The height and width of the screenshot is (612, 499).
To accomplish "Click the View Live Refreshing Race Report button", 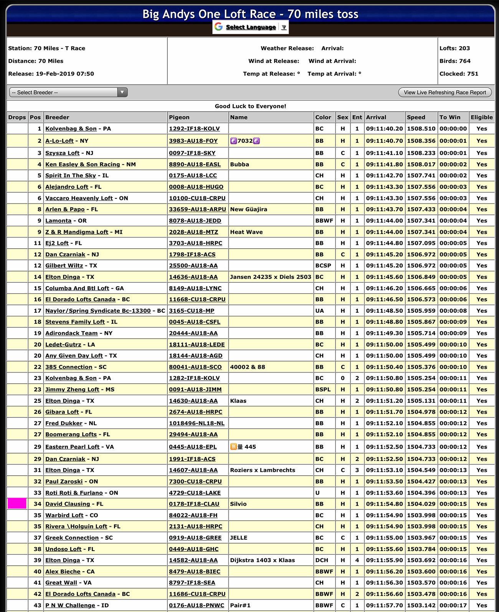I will click(444, 92).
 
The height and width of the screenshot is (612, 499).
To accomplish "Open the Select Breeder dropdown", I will click(68, 92).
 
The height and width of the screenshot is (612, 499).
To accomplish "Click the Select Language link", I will click(251, 27).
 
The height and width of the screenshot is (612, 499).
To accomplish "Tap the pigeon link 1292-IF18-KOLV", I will click(194, 129).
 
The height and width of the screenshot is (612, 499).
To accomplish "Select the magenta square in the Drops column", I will click(17, 503).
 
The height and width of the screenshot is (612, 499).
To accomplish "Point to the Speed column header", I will click(416, 117).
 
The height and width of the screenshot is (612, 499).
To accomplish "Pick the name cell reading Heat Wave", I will click(246, 232).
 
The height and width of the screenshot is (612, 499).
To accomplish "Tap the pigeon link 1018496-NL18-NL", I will click(197, 423).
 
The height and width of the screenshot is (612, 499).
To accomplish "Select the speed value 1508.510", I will click(421, 129).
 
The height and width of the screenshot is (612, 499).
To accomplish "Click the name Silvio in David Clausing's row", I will click(238, 504).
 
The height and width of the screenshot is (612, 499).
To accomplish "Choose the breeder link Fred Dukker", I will click(64, 423).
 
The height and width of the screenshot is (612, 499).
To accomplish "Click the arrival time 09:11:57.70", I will click(384, 605).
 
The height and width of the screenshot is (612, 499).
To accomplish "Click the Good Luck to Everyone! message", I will click(250, 106).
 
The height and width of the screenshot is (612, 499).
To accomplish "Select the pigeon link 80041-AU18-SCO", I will click(195, 367).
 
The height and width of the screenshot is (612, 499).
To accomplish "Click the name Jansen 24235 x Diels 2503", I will click(271, 277).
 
